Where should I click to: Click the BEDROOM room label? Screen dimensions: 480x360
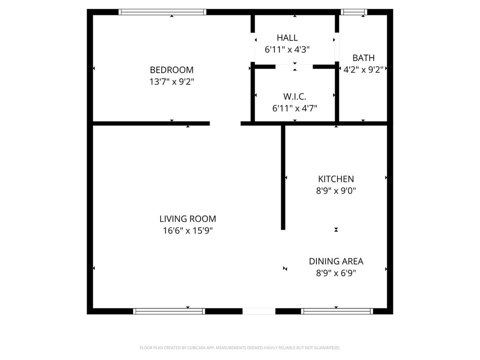pyautogui.click(x=172, y=70)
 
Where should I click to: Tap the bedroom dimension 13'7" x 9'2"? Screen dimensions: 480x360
pyautogui.click(x=172, y=82)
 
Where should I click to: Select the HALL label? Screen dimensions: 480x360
pyautogui.click(x=287, y=37)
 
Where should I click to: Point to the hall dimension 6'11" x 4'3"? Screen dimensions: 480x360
pyautogui.click(x=287, y=49)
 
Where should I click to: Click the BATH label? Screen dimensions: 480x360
pyautogui.click(x=363, y=58)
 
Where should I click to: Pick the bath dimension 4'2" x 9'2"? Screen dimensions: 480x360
pyautogui.click(x=363, y=69)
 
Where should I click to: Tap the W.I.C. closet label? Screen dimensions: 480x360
pyautogui.click(x=294, y=97)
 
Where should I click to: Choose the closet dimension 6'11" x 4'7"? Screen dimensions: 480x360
pyautogui.click(x=294, y=108)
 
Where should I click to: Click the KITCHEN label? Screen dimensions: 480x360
pyautogui.click(x=336, y=179)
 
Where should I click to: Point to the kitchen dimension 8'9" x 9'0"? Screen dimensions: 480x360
pyautogui.click(x=336, y=191)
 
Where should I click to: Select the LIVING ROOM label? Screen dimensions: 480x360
pyautogui.click(x=187, y=219)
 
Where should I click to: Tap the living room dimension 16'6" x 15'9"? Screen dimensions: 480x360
pyautogui.click(x=187, y=231)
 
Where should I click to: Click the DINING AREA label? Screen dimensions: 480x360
pyautogui.click(x=336, y=262)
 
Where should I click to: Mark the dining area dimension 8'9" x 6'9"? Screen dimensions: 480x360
pyautogui.click(x=336, y=273)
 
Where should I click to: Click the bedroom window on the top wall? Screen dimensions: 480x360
pyautogui.click(x=162, y=12)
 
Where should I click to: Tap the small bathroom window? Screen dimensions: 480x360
pyautogui.click(x=354, y=12)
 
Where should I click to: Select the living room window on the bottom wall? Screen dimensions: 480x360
pyautogui.click(x=169, y=311)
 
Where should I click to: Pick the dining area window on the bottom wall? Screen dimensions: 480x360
pyautogui.click(x=337, y=311)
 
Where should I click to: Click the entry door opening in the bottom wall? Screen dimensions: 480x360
pyautogui.click(x=259, y=311)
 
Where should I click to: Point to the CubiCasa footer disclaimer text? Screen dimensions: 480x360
pyautogui.click(x=240, y=348)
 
